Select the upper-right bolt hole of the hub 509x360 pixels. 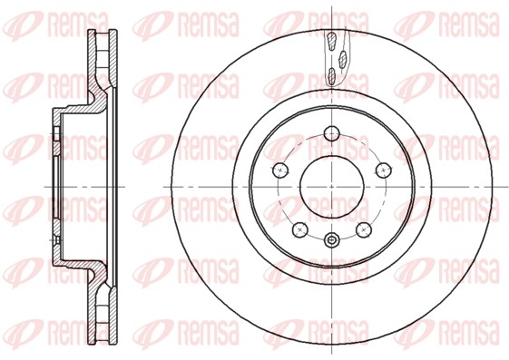pos(383,169)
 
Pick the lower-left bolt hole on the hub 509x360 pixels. pos(299,229)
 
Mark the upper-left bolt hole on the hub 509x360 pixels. pos(279,169)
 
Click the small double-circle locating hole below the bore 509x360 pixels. pos(331,240)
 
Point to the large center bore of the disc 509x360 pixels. pos(331,186)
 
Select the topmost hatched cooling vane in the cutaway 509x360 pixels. pos(332,40)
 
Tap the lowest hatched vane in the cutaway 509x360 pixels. pos(331,77)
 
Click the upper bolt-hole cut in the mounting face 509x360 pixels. pos(54,136)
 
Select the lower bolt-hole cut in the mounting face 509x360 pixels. pos(54,236)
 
